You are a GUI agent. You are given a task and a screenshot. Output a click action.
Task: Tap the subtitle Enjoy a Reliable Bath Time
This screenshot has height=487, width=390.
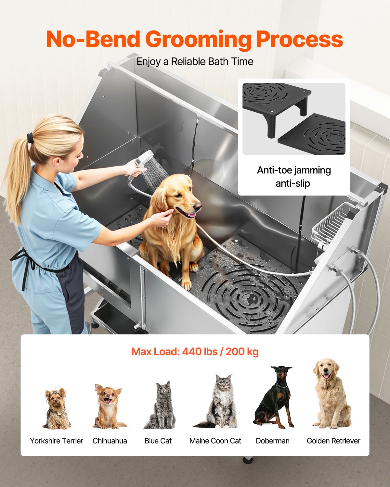[195, 61]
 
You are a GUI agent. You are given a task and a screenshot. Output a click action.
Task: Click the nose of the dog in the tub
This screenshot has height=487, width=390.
[197, 206]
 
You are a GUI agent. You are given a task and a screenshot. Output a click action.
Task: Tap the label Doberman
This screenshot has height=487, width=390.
[272, 441]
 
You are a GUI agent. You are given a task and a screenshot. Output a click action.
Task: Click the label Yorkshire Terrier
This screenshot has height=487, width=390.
[57, 441]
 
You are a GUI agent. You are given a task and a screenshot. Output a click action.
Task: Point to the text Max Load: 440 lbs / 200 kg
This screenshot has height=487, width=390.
[195, 352]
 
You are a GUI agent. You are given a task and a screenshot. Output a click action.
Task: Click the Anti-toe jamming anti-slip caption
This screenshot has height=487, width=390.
[293, 177]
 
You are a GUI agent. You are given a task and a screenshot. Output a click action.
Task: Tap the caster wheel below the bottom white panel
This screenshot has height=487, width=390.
[248, 460]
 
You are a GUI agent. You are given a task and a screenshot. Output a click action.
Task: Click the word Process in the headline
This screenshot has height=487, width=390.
[299, 40]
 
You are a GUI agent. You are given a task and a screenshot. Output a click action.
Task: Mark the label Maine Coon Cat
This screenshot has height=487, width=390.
[215, 441]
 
